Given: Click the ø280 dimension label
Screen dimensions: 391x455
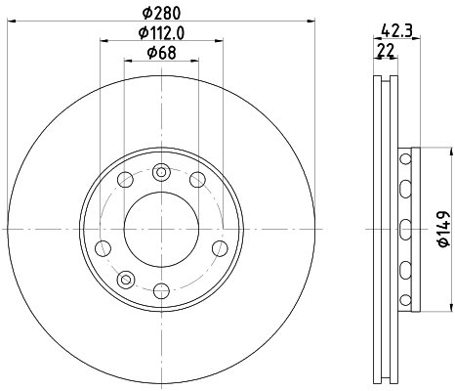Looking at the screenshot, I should tap(162, 13).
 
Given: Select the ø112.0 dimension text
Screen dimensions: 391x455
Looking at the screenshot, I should tap(162, 33).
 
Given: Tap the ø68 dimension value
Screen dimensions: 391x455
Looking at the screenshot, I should tap(162, 53).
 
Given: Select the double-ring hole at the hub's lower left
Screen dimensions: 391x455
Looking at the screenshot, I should tap(125, 280).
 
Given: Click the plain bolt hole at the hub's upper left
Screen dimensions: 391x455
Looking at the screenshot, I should tap(125, 179).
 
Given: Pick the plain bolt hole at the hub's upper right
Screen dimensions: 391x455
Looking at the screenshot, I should tap(197, 179).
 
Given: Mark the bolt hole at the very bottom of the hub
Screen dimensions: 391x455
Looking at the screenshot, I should tap(161, 289).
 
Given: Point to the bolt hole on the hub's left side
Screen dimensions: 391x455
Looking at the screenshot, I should tap(102, 246).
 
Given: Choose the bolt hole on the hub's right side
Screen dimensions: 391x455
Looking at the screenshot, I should tap(222, 246).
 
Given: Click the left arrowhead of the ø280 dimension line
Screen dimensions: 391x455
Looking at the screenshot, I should tap(9, 19).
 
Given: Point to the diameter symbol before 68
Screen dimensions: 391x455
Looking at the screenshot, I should tap(148, 53).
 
